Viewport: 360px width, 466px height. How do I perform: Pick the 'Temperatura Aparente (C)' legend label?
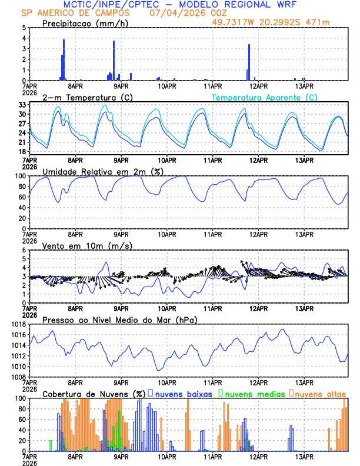coord(264,97)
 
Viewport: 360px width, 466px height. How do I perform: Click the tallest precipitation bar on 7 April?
coord(64,59)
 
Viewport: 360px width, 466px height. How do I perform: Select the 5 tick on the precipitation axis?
coord(23,28)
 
